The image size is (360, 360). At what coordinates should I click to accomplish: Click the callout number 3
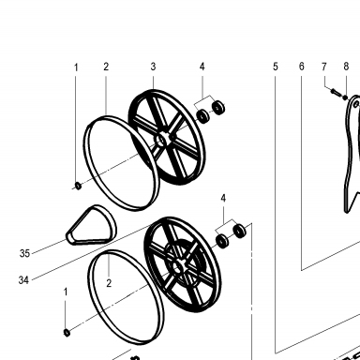coord(153,67)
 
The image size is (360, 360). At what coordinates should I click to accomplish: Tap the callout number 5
coord(275,67)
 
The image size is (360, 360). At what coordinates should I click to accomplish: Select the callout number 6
coord(301,67)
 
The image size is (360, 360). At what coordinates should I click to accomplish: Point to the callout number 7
coord(324,67)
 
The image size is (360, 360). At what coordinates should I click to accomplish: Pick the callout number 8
coord(346,67)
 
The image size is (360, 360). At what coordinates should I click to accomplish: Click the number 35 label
coord(24,253)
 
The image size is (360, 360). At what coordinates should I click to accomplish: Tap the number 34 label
coord(23,280)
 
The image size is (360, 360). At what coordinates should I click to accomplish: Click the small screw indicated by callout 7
coord(335,93)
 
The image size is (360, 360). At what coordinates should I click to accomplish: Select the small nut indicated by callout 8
coord(345,97)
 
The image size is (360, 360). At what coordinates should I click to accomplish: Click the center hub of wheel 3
coord(162,140)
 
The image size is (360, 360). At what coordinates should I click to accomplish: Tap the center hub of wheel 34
coord(179,267)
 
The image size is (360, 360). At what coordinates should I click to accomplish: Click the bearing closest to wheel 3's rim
coord(203,115)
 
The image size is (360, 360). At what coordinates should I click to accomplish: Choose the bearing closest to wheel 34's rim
coord(222,241)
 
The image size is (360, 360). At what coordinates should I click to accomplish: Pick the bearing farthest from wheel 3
coord(218,108)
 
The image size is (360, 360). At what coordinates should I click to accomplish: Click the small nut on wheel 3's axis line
coord(78,186)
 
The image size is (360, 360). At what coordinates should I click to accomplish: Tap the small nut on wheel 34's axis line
coord(67,333)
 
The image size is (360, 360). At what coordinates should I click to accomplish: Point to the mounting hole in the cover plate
coord(356,104)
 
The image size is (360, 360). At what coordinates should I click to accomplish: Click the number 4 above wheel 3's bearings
coord(202,67)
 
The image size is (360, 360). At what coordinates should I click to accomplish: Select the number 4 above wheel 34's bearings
coord(223,198)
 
